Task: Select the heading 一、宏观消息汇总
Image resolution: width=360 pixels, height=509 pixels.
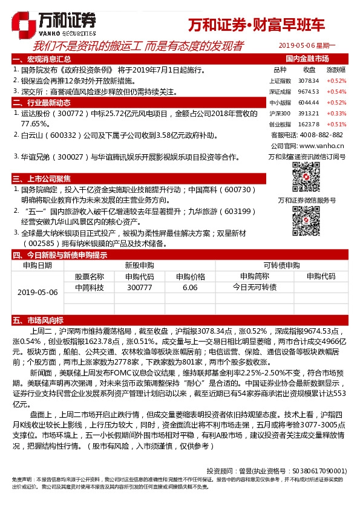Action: pos(42,59)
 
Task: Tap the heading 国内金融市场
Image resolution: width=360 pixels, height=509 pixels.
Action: pos(307,59)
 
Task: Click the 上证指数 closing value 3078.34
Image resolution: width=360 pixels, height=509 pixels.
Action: pos(309,80)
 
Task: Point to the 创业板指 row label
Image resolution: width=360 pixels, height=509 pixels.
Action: pos(280,124)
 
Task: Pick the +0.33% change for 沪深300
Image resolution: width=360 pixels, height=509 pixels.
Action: pos(336,113)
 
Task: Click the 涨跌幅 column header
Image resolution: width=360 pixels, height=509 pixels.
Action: pos(336,70)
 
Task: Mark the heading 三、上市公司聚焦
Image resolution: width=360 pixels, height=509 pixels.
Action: pos(42,178)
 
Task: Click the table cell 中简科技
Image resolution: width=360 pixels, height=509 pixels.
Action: pos(89,287)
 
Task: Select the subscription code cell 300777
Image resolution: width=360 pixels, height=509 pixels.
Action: pos(140,287)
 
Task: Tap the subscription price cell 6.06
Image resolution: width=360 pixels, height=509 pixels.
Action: pos(190,287)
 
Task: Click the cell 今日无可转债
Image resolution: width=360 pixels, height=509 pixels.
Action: pos(254,287)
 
